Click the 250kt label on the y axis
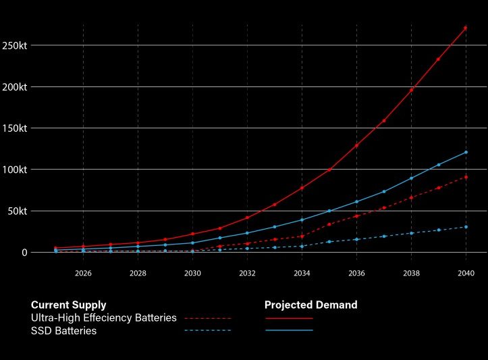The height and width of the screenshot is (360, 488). click(x=14, y=45)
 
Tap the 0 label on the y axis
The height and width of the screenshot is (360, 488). click(x=24, y=252)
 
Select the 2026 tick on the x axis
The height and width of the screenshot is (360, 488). click(x=83, y=274)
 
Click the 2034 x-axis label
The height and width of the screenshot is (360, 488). click(x=302, y=274)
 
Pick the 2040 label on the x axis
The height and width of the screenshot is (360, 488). click(x=466, y=274)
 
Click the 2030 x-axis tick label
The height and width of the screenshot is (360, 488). click(x=192, y=274)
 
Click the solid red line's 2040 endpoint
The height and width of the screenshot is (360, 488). click(x=466, y=28)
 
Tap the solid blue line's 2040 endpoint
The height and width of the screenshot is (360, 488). click(x=466, y=152)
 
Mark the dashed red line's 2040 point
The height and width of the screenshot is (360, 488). click(x=466, y=177)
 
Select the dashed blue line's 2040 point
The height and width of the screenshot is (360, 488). click(x=466, y=227)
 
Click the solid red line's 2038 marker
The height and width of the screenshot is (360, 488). click(x=411, y=90)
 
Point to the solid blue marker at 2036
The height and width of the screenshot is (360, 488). click(x=356, y=201)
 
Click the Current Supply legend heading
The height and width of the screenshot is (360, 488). click(x=68, y=305)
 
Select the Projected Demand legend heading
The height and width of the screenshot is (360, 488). click(x=310, y=305)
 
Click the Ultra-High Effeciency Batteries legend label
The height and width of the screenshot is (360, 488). click(x=103, y=317)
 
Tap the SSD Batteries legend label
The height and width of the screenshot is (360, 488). click(x=63, y=331)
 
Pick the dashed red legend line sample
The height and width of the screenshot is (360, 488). click(x=207, y=317)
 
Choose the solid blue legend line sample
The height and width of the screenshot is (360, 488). click(x=289, y=330)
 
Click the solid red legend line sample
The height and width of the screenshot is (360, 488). click(x=289, y=317)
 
